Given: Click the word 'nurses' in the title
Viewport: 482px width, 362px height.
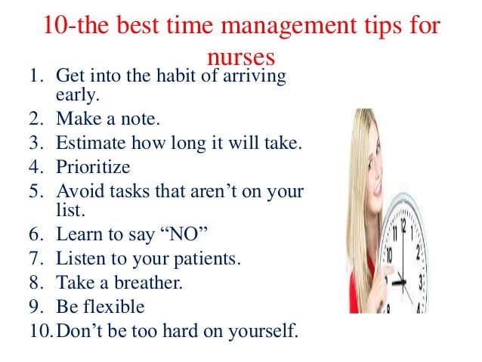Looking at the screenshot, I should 239,58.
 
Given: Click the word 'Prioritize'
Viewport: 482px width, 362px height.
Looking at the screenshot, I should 94,166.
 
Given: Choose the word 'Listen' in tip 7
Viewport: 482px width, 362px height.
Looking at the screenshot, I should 83,259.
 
